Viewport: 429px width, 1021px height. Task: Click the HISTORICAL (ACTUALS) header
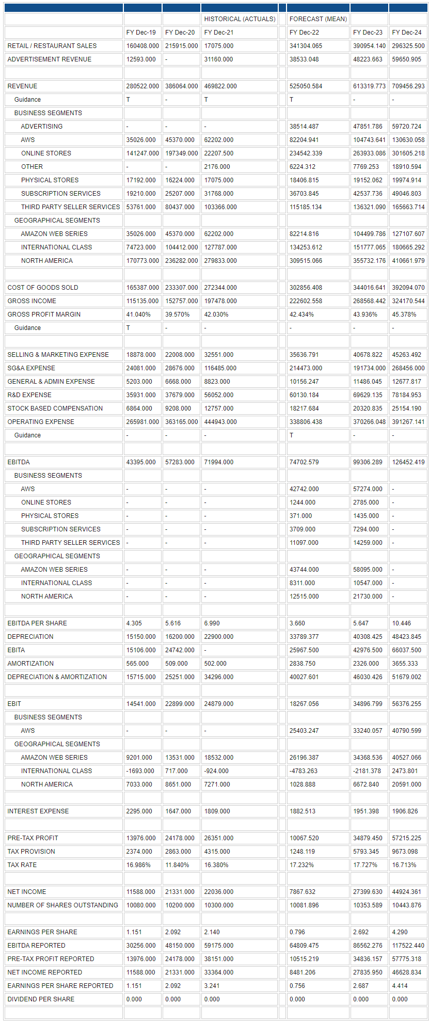coord(240,19)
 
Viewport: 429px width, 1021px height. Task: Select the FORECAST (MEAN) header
coord(318,19)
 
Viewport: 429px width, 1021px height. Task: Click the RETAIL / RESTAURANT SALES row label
coord(52,46)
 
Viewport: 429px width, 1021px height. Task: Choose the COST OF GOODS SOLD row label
coord(43,288)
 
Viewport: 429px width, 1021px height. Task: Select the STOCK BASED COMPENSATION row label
coord(55,409)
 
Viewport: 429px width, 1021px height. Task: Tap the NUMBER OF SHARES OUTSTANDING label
coord(62,905)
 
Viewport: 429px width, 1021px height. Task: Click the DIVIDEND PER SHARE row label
coord(41,999)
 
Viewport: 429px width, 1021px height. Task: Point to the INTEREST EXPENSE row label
coord(38,811)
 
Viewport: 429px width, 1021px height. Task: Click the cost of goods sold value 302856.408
coord(306,288)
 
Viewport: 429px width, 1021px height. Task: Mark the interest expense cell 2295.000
coord(140,811)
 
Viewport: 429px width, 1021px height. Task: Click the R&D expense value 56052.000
coord(218,395)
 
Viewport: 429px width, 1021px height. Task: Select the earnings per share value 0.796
coord(297,932)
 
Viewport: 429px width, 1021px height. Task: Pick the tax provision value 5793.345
coord(368,852)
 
